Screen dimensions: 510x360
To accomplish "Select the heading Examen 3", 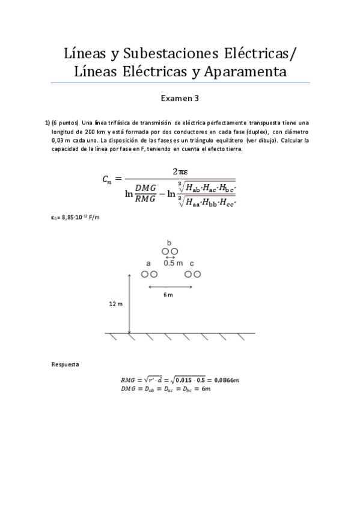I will [180, 98].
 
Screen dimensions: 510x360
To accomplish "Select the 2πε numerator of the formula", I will [180, 170].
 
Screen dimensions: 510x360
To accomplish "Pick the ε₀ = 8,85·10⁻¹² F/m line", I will [75, 217].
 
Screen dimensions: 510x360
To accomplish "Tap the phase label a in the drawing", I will [148, 263].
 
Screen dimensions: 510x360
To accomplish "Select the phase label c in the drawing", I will [192, 263].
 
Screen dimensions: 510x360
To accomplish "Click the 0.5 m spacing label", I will [173, 263].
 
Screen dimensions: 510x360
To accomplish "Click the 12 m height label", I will [116, 304].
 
